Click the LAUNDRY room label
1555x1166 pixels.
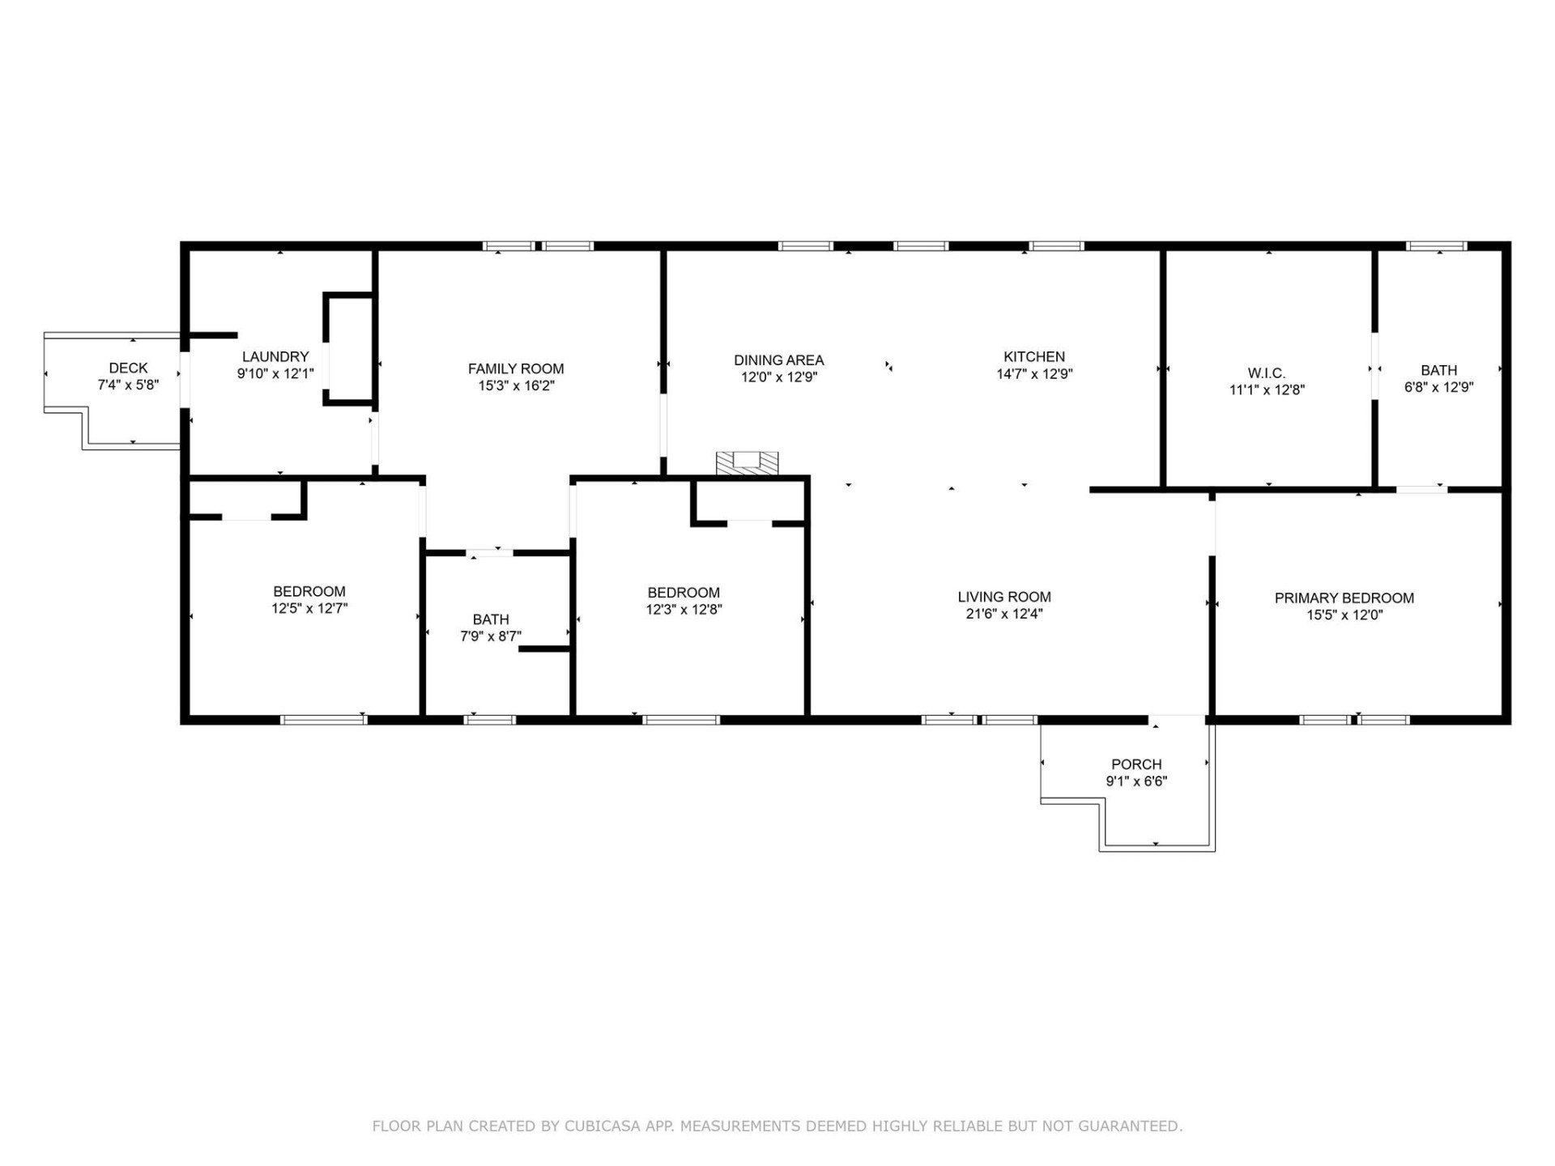pos(275,357)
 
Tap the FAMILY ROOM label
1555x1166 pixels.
pos(516,369)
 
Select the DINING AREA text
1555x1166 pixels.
pos(779,360)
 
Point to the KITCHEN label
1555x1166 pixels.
pos(1034,357)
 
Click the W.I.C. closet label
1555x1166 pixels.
pos(1267,373)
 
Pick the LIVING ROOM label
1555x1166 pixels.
pos(1004,598)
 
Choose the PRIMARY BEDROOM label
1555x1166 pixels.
pos(1344,598)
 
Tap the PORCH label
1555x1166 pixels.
pos(1136,764)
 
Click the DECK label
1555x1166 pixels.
pos(129,368)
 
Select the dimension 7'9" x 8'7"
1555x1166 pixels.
pos(491,637)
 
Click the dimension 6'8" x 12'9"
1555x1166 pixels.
pos(1438,388)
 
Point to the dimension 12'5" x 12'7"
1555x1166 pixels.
pos(309,609)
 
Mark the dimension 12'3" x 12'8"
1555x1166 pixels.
pos(684,610)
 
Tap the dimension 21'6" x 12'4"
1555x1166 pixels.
pos(1004,615)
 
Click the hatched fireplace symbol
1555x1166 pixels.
pos(747,462)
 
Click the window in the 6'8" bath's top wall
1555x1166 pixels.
pos(1436,246)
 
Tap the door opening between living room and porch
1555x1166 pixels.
pos(1176,718)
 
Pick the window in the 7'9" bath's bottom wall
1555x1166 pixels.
pos(489,720)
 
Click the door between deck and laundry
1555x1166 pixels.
pos(185,379)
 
